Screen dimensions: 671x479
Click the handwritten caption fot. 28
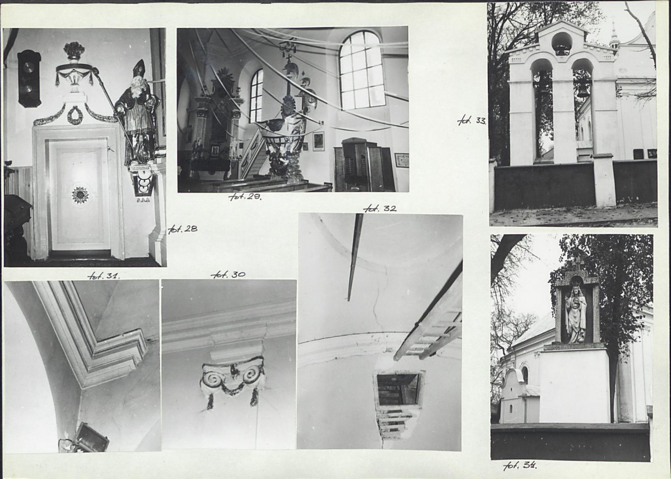coord(183,229)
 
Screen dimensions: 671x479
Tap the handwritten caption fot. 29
coord(245,197)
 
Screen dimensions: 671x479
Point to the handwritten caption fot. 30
coord(228,275)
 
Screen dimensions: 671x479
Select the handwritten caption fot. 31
coord(104,276)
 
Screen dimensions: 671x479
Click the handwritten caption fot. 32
coord(380,208)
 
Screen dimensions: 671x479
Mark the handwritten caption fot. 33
coord(472,120)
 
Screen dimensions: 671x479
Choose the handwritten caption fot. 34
coord(520,466)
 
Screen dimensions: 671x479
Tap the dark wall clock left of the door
coord(29,78)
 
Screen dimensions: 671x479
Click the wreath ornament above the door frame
coord(75,115)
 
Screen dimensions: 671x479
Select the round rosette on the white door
coord(80,195)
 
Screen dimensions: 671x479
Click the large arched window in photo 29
coord(362,70)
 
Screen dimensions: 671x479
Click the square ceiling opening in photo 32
coord(398,389)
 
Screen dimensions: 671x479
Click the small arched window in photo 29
coord(256,95)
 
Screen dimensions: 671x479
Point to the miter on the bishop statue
coord(139,68)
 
